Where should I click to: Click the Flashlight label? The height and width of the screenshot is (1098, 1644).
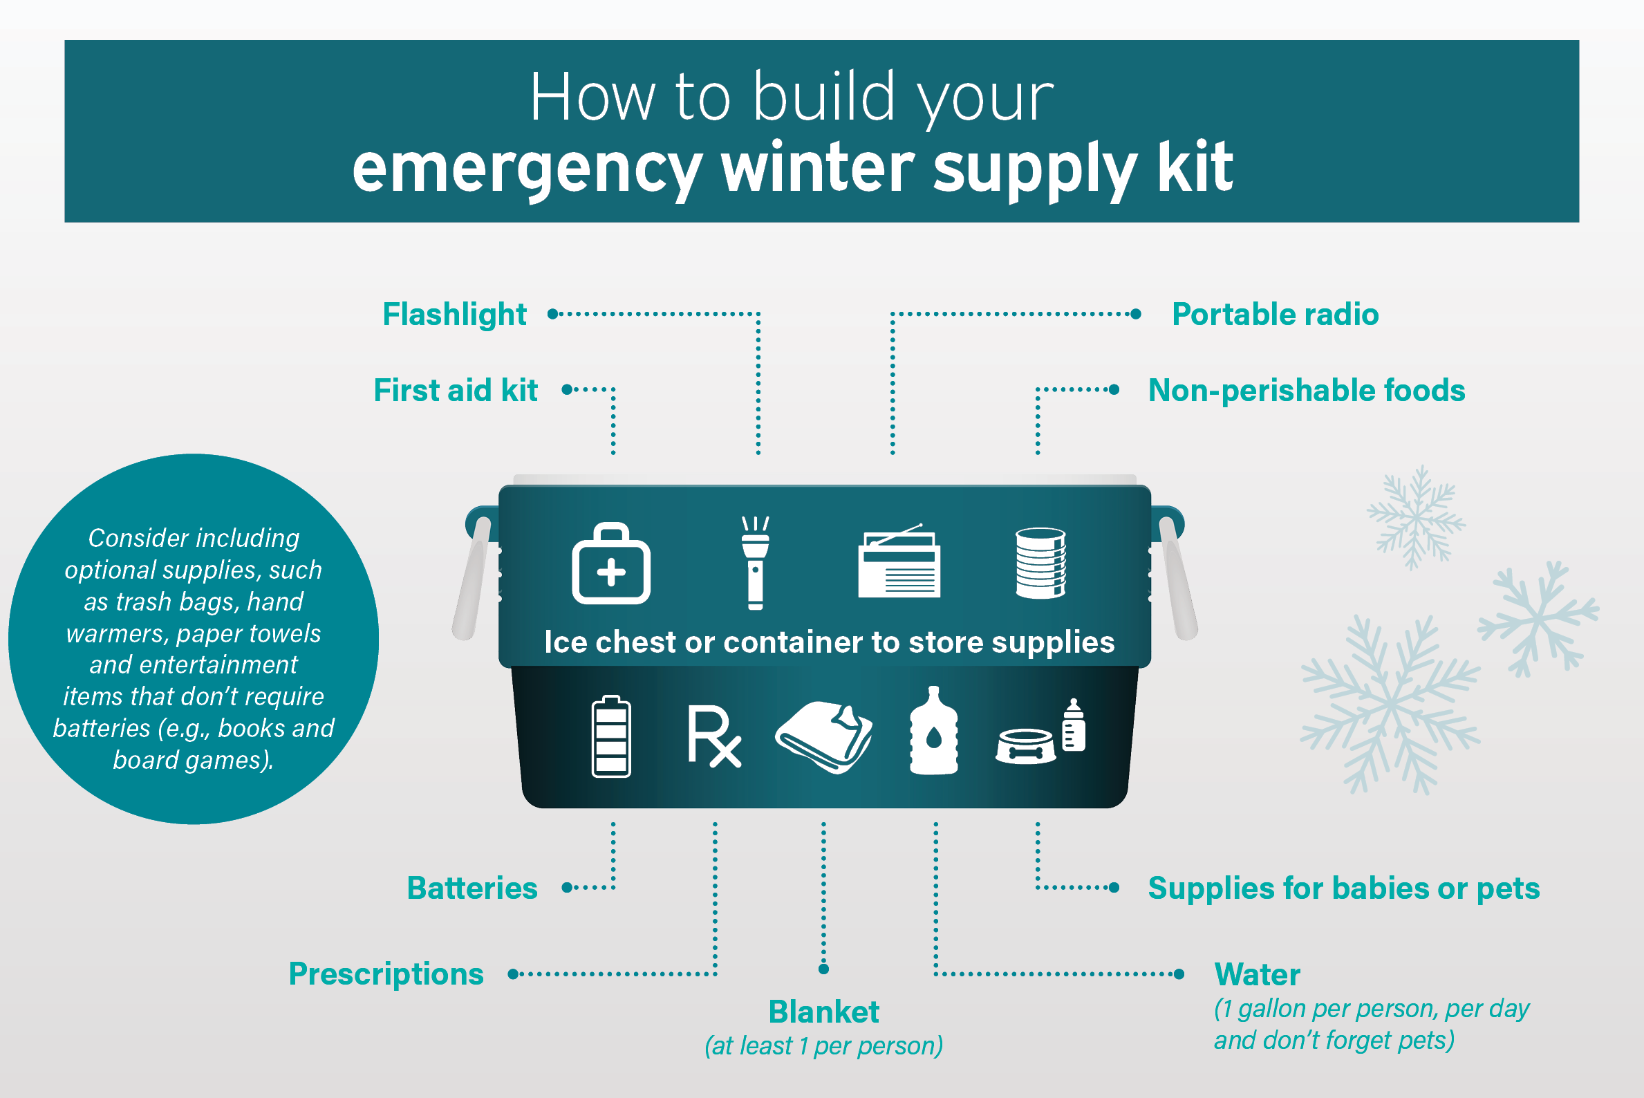(454, 315)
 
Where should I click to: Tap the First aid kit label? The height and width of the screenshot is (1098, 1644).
(456, 390)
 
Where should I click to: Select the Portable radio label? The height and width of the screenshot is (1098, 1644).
(1275, 315)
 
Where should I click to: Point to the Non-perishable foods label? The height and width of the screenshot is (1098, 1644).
(1307, 391)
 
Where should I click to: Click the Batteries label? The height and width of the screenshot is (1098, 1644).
(473, 888)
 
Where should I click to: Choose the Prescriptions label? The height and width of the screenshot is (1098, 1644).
(386, 974)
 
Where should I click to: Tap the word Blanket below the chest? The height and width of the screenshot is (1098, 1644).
(823, 1012)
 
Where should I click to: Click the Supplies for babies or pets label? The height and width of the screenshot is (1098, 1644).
(1344, 888)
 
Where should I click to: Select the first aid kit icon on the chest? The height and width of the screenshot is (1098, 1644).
(611, 563)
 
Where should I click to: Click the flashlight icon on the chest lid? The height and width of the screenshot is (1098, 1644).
(756, 563)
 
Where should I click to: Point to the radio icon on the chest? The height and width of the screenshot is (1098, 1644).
(899, 561)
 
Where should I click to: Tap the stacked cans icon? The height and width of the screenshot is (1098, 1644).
(1040, 563)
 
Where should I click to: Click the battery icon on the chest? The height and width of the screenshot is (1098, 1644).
(611, 736)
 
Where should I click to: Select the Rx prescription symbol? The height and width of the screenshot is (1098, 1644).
(714, 736)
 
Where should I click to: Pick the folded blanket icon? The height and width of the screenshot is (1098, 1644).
(823, 736)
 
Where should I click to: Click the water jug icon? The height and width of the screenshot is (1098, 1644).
(933, 731)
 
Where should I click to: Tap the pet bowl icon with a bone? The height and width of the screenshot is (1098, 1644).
(1026, 746)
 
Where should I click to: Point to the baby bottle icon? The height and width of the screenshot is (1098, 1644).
(1074, 725)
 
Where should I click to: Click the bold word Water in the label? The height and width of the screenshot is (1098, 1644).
(1257, 974)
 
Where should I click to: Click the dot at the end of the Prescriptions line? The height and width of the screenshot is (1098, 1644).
(513, 974)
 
